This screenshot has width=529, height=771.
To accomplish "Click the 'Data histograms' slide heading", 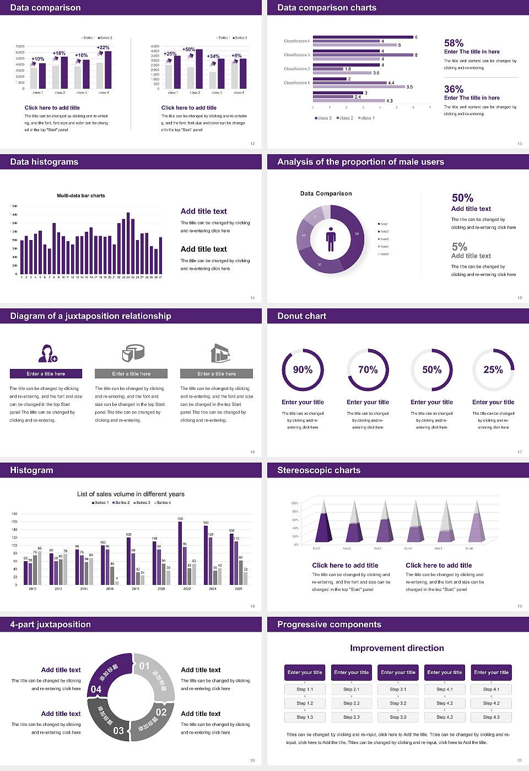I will (x=44, y=162).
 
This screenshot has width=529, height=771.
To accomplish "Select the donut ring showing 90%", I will (x=303, y=370).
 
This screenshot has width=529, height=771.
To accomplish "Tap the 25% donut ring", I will (x=493, y=370).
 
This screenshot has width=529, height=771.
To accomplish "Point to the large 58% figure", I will (x=454, y=43).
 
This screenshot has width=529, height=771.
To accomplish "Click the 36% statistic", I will (x=454, y=89).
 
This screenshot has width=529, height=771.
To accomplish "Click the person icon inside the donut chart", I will (x=331, y=238).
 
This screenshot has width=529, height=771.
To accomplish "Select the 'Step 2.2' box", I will (x=352, y=703).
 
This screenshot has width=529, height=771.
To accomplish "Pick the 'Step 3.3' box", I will (x=398, y=717).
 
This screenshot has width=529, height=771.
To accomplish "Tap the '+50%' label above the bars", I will (x=188, y=50).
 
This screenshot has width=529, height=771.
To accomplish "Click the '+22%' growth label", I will (x=103, y=48).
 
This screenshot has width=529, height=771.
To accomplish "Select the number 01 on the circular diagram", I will (x=144, y=666).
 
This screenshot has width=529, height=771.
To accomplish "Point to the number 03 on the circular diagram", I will (x=118, y=731).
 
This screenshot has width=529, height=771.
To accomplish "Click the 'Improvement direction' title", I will (x=397, y=648).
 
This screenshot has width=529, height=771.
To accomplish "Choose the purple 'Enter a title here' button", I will (x=46, y=374).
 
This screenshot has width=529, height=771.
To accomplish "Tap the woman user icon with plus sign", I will (x=47, y=353).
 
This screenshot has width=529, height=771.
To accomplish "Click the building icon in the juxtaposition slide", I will (x=220, y=353).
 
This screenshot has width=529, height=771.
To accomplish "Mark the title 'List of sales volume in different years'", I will (x=131, y=494).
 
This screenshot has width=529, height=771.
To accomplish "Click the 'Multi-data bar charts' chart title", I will (x=81, y=196).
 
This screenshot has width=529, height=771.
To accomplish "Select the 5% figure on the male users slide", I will (x=459, y=247).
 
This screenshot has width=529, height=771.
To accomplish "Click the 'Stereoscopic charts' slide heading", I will (x=319, y=470).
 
